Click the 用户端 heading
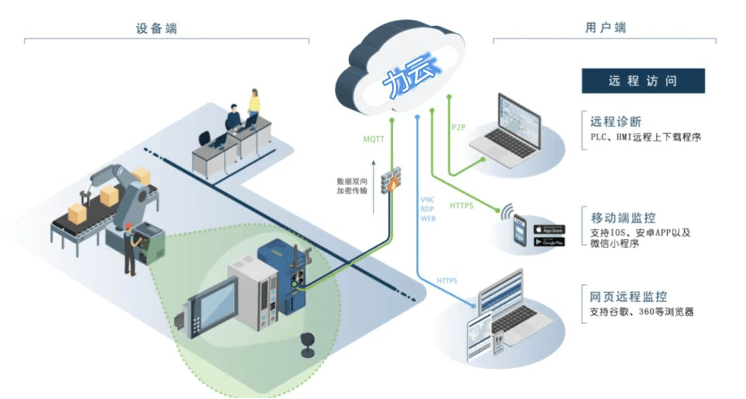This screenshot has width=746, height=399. click(x=605, y=28)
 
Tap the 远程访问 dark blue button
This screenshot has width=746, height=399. click(x=642, y=81)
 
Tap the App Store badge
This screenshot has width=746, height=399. click(x=549, y=229)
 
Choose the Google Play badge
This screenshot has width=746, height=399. click(x=549, y=241)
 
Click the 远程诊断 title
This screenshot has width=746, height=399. click(x=616, y=122)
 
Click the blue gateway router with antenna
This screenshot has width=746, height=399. click(x=286, y=275)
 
